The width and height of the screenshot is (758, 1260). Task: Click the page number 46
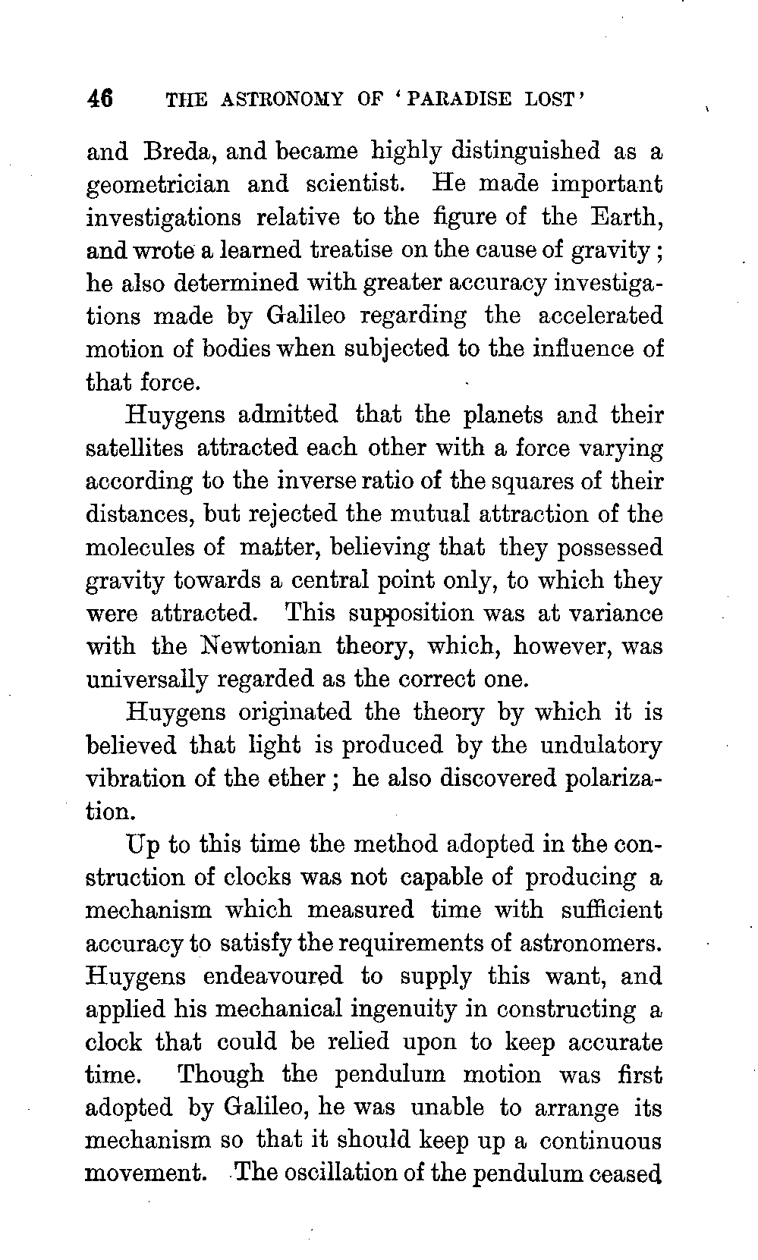tap(100, 99)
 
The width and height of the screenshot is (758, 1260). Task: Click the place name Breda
tap(180, 151)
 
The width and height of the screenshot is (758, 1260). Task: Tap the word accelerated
tap(600, 316)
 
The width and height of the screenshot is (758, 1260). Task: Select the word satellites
tap(134, 448)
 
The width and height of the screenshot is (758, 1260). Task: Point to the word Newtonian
tap(262, 646)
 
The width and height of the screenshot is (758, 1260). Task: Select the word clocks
tap(263, 877)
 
